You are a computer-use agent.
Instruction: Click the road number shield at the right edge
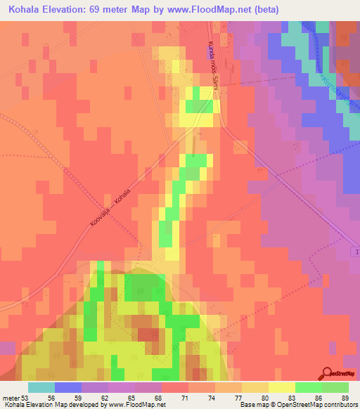coord(354,252)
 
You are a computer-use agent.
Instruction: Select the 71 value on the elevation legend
coord(184,398)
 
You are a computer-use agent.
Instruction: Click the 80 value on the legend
coord(264,398)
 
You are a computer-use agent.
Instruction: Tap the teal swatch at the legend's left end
coord(41,387)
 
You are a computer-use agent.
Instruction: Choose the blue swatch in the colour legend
coord(68,387)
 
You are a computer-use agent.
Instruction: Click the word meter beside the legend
coord(10,398)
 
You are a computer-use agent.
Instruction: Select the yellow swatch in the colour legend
coord(282,387)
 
